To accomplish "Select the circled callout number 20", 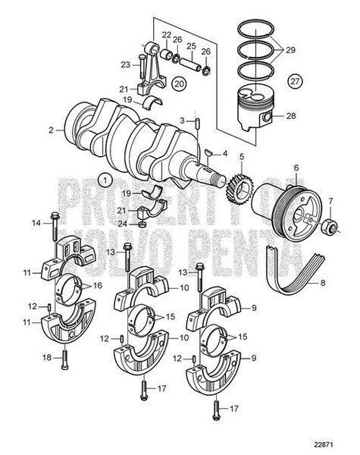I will coord(179,83).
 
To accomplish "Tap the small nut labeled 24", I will coord(142,224).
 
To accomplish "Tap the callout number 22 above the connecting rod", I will coord(166,35).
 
